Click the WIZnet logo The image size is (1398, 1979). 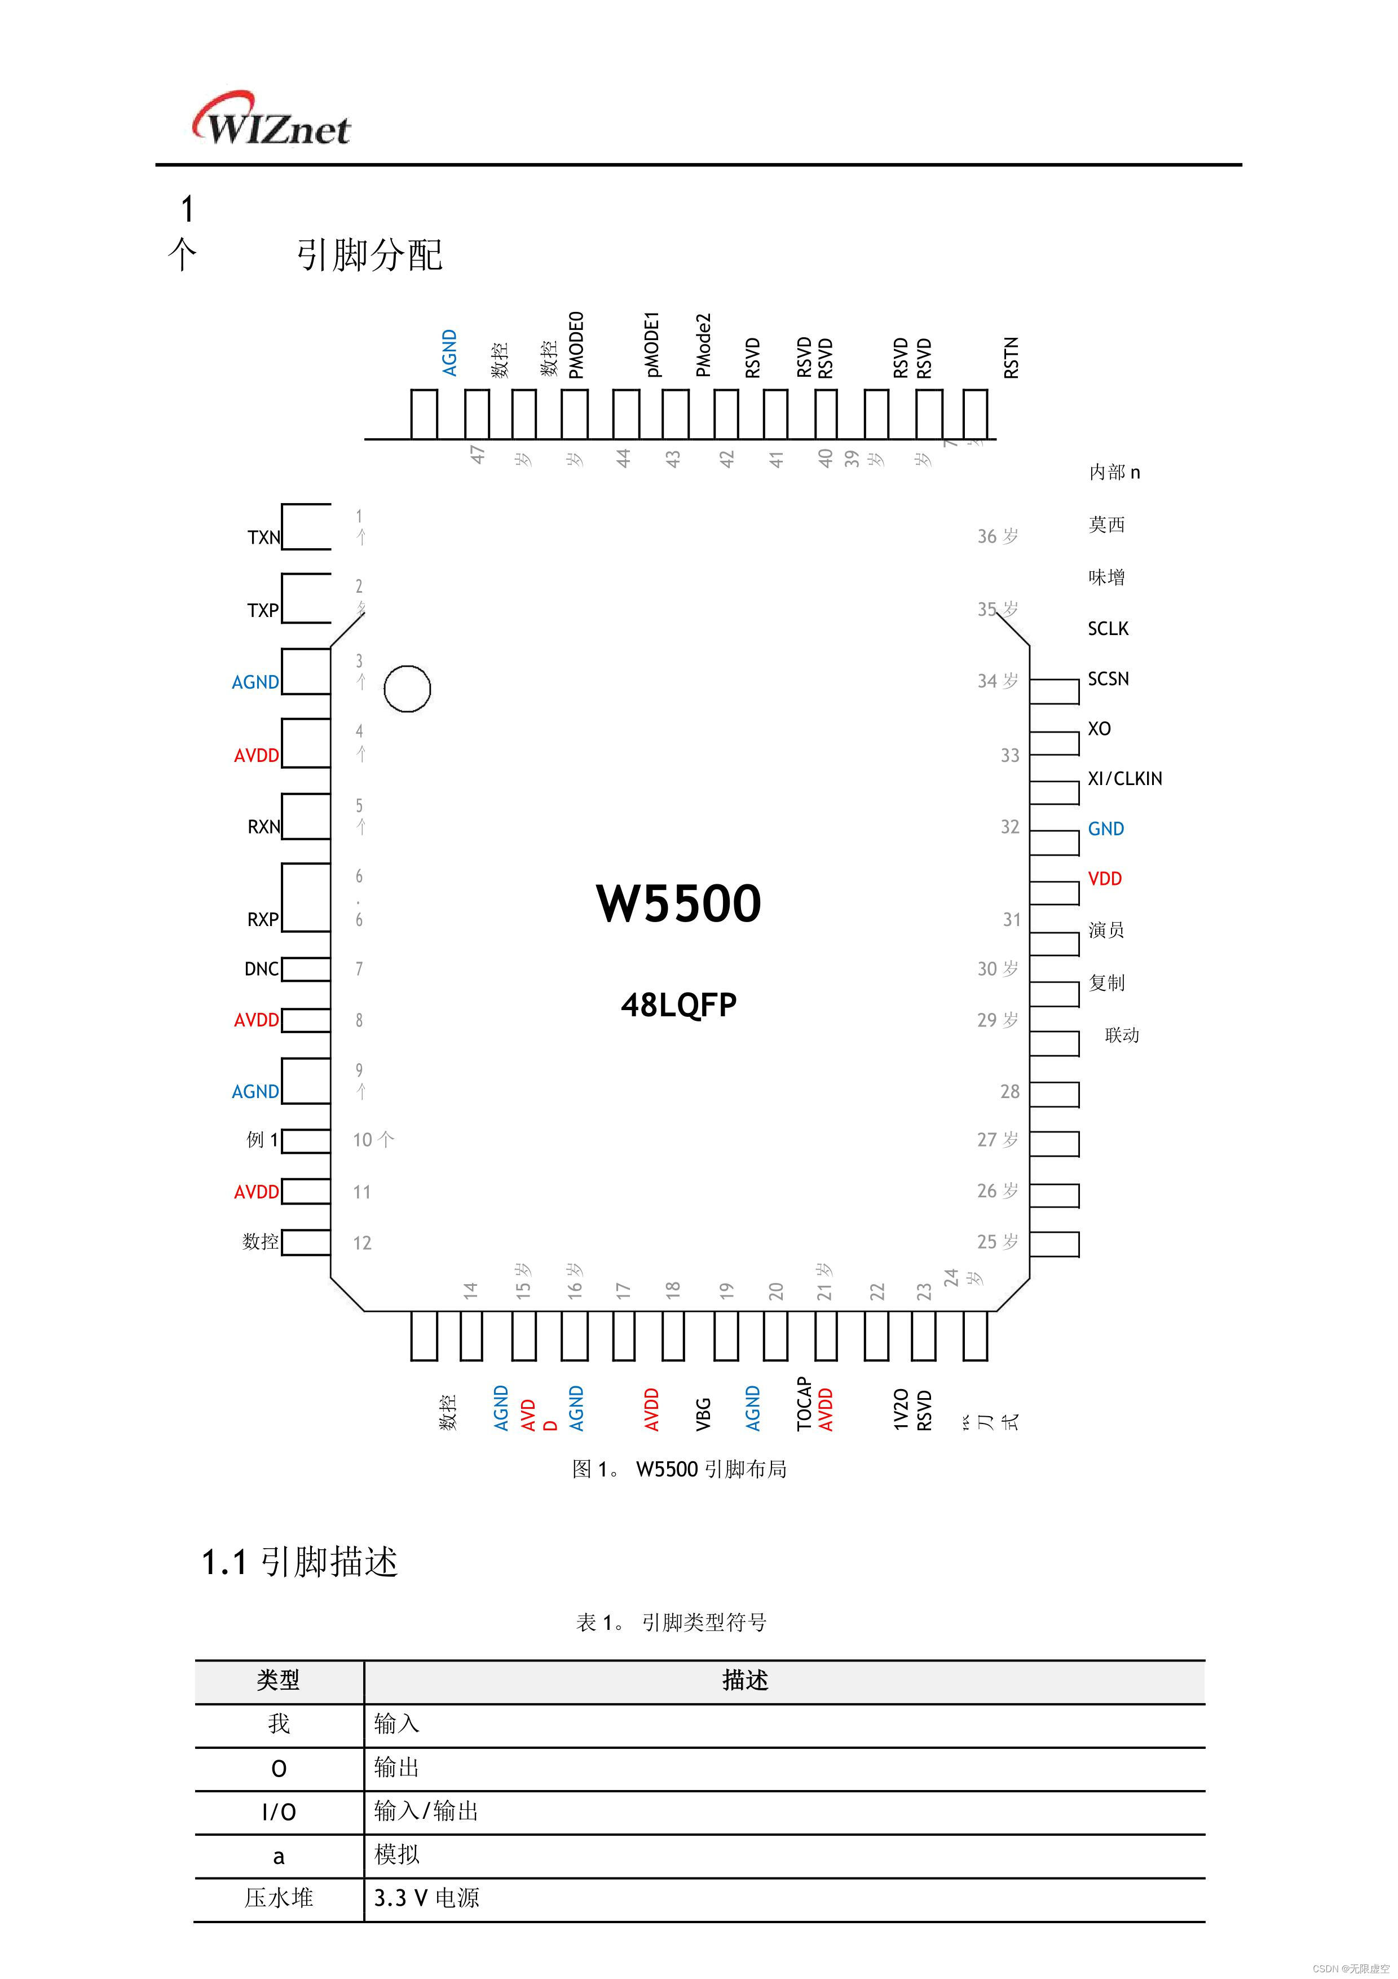[x=271, y=121]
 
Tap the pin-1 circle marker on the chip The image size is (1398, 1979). [x=407, y=689]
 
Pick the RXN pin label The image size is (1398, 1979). [x=264, y=827]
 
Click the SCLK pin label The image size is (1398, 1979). [x=1108, y=628]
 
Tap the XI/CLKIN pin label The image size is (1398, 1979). [x=1125, y=778]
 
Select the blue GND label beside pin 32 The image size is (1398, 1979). [x=1106, y=828]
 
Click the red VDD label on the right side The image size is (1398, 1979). [x=1105, y=878]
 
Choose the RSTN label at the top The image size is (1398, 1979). [x=1012, y=357]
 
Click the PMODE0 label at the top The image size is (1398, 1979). [x=576, y=345]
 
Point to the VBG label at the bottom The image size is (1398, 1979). [x=703, y=1413]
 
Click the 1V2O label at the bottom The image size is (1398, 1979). [x=901, y=1409]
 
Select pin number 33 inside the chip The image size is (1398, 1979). [x=1009, y=756]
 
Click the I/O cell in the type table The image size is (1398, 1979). [x=279, y=1812]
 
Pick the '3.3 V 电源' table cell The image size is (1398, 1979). [x=427, y=1898]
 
